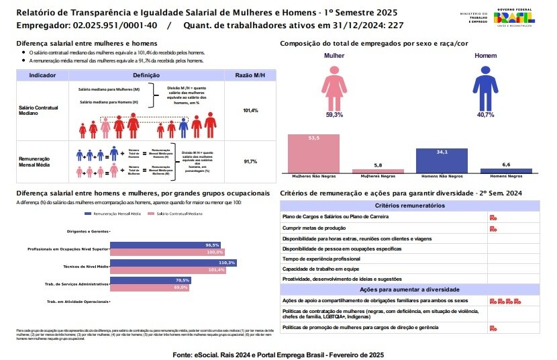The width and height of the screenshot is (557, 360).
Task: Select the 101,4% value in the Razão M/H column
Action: [251, 110]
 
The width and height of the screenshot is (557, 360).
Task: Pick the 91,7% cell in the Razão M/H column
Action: [251, 161]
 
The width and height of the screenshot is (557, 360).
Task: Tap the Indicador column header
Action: [42, 76]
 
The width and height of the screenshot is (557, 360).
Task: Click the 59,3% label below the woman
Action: [334, 115]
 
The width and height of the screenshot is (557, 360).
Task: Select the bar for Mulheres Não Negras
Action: [314, 154]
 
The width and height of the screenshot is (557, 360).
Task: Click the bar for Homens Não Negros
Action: [442, 161]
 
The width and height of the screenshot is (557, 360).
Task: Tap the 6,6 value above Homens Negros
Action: [506, 165]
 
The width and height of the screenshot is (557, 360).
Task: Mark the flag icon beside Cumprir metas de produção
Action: [493, 228]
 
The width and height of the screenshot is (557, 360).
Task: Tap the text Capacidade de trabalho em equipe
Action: [321, 268]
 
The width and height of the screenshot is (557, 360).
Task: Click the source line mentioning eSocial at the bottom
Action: [278, 353]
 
